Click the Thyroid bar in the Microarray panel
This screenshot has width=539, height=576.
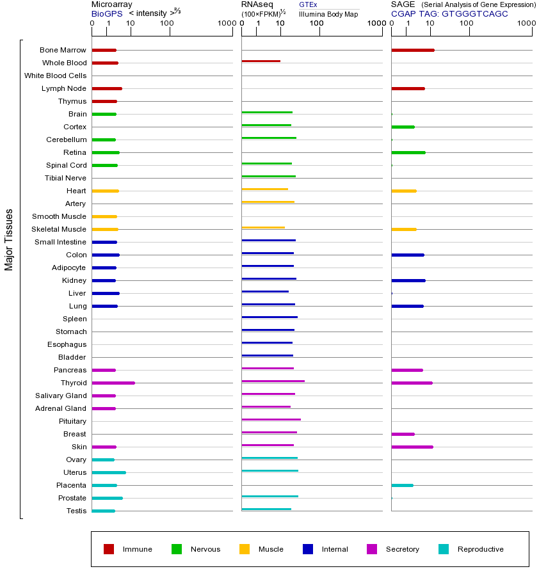pyautogui.click(x=113, y=383)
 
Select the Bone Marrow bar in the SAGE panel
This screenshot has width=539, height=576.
pyautogui.click(x=413, y=50)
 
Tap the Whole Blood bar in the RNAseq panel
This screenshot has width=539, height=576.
pyautogui.click(x=261, y=61)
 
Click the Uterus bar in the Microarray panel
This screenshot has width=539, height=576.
pyautogui.click(x=109, y=472)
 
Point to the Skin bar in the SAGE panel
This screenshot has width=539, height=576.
pyautogui.click(x=412, y=447)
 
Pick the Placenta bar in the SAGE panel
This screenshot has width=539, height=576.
pyautogui.click(x=402, y=485)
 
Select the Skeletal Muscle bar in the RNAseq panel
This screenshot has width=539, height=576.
pyautogui.click(x=263, y=227)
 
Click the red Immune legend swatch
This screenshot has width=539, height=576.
pyautogui.click(x=109, y=549)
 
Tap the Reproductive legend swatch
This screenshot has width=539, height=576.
pyautogui.click(x=444, y=549)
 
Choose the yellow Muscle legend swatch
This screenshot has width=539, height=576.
pyautogui.click(x=245, y=549)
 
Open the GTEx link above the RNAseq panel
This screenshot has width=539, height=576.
pyautogui.click(x=308, y=4)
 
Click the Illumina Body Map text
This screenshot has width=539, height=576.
pyautogui.click(x=328, y=14)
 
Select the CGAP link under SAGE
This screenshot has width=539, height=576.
pyautogui.click(x=403, y=13)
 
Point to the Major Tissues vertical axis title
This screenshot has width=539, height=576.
pyautogui.click(x=9, y=239)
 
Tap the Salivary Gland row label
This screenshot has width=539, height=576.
pyautogui.click(x=61, y=396)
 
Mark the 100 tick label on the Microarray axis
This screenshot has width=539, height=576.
pyautogui.click(x=166, y=24)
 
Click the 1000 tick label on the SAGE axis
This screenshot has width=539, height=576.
pyautogui.click(x=526, y=24)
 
